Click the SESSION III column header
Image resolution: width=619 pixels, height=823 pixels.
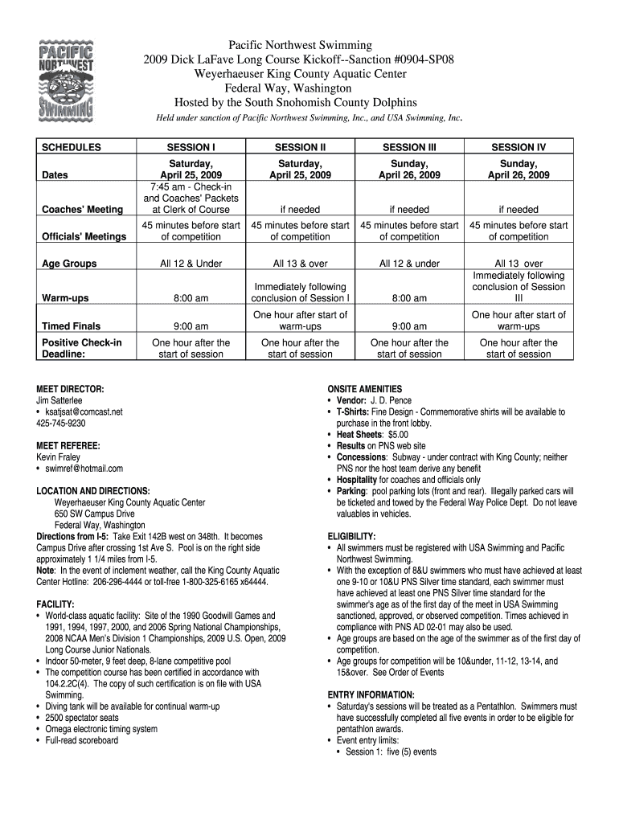click(408, 147)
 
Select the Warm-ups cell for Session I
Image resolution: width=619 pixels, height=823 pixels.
click(191, 298)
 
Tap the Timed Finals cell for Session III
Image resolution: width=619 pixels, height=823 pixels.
click(408, 326)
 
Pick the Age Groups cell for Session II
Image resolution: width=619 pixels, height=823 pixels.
click(300, 263)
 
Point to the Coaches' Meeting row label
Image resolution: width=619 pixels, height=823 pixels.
click(82, 209)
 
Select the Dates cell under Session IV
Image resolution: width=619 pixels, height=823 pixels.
click(519, 168)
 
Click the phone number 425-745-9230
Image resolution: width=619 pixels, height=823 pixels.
click(61, 423)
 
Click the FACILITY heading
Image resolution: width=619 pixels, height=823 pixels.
click(55, 603)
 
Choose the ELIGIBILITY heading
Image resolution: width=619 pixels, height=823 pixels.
click(351, 536)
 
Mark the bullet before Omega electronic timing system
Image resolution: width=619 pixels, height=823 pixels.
click(39, 729)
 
